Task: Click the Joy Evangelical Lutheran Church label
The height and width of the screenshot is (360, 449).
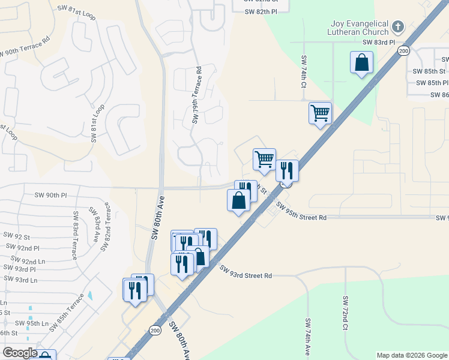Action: tap(358, 28)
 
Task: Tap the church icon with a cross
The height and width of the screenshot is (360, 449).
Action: tap(398, 26)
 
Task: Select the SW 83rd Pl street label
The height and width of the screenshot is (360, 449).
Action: tap(379, 43)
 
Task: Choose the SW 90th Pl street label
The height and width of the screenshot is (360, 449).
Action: tap(50, 195)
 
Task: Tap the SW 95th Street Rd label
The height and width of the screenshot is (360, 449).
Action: tap(301, 211)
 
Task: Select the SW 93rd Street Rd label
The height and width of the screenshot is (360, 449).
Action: tap(246, 272)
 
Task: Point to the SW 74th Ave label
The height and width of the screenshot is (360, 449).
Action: tap(307, 338)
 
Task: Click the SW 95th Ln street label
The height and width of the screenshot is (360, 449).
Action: tap(32, 323)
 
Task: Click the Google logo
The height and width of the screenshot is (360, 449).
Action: tap(20, 353)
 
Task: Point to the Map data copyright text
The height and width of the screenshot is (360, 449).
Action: tap(411, 355)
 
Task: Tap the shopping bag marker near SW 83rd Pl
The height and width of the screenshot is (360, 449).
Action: tap(361, 63)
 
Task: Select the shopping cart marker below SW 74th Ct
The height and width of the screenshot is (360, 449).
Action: tap(320, 112)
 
